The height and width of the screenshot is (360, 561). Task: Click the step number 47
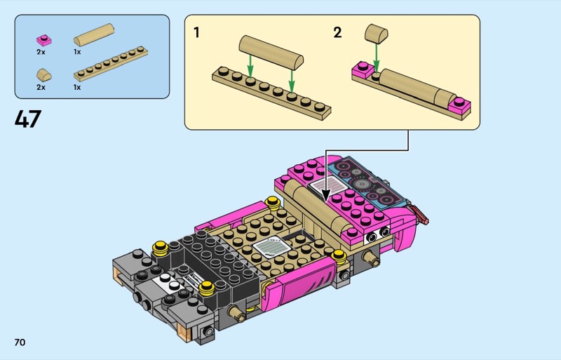[28, 119]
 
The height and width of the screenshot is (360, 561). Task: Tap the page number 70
[20, 342]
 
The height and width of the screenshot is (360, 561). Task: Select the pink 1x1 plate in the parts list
[43, 40]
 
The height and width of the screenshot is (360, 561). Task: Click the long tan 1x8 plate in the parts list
[111, 64]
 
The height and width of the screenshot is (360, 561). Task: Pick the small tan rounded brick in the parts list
[44, 75]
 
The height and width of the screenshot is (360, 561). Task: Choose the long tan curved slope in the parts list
[94, 35]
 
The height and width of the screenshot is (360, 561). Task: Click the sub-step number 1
[196, 32]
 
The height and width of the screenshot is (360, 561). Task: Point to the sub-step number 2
[337, 32]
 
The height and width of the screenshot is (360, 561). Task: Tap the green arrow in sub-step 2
[376, 57]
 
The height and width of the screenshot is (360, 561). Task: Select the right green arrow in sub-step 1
[292, 81]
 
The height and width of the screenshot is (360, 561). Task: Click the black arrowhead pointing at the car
[325, 195]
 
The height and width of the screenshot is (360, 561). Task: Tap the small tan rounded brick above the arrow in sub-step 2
[377, 33]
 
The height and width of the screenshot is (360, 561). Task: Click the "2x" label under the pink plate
[41, 52]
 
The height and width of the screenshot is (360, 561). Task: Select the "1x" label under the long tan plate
[77, 88]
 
